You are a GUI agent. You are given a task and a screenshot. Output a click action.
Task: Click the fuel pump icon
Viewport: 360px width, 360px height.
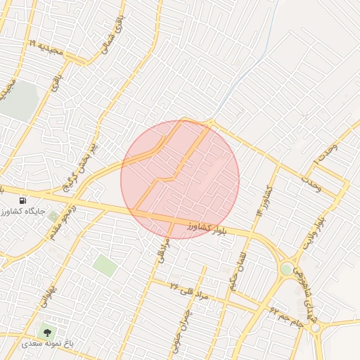[x=23, y=200]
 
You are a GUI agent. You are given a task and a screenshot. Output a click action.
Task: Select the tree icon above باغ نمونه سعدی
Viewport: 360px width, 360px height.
[x=48, y=330]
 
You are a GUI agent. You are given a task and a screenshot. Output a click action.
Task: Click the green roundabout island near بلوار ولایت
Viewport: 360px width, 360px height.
[x=286, y=269]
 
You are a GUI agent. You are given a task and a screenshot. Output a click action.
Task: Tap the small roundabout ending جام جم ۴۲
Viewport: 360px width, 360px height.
[x=316, y=328]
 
